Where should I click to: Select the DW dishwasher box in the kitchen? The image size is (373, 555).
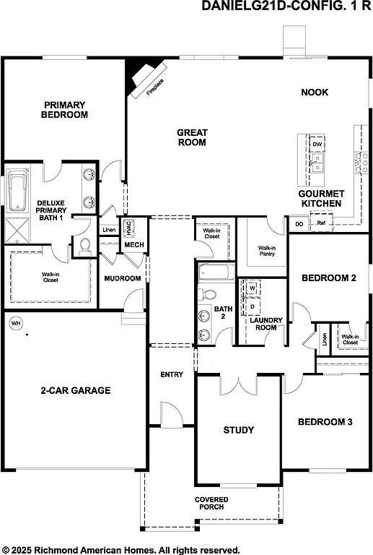(317, 144)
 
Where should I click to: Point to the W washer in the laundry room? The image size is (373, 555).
(253, 288)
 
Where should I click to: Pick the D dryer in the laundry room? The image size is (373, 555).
(253, 306)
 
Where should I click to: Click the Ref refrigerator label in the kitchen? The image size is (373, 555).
(321, 224)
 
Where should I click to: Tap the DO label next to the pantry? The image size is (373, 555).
(299, 224)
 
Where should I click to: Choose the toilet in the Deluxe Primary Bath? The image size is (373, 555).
(84, 246)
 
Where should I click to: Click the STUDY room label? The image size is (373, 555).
(238, 430)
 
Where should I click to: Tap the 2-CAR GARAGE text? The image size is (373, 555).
(75, 390)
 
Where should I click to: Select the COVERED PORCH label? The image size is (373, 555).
(211, 503)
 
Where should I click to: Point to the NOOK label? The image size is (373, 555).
(315, 92)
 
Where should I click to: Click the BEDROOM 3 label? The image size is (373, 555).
(325, 421)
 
